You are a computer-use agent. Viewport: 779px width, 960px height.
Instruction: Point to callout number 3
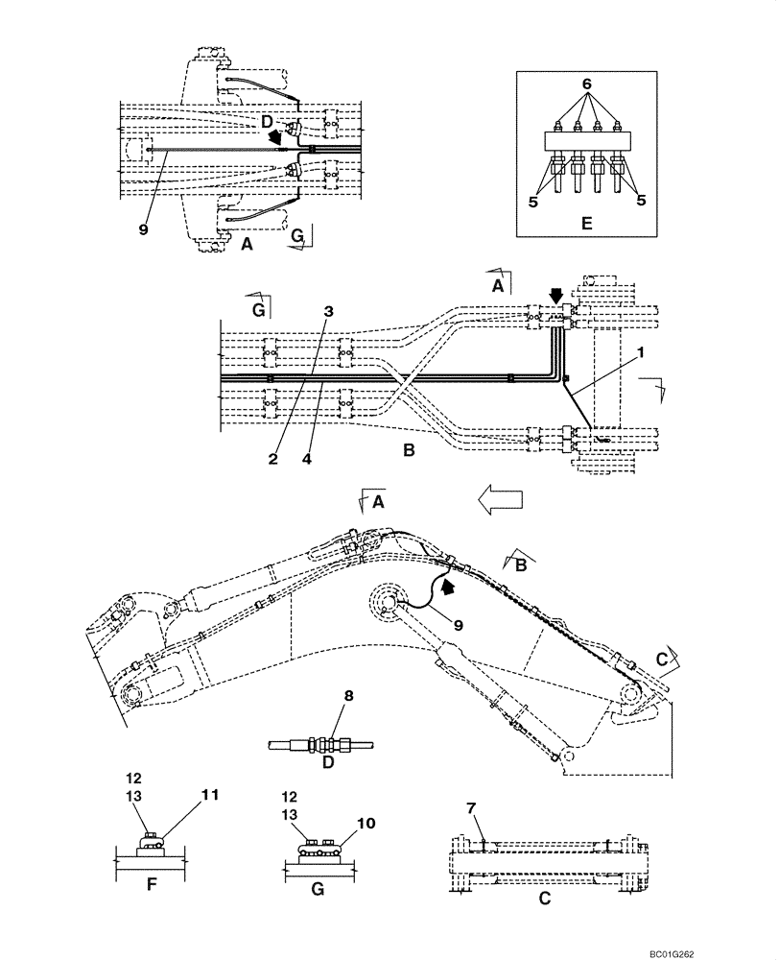328,312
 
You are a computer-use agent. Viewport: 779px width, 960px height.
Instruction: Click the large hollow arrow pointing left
499,499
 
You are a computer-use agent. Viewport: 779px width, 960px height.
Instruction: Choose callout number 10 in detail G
366,824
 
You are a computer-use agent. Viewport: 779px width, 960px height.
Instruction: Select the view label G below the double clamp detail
318,890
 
